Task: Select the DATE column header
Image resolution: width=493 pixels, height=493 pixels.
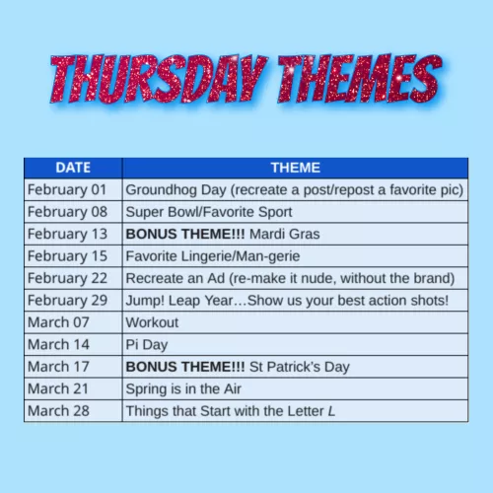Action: click(x=73, y=168)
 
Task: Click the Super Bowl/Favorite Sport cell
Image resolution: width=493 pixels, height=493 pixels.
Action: click(x=208, y=212)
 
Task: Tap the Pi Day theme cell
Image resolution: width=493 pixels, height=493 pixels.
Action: click(x=149, y=344)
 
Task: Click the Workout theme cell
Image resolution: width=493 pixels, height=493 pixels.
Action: click(x=152, y=321)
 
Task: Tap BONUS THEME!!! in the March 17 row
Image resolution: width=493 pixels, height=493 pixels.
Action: click(x=184, y=366)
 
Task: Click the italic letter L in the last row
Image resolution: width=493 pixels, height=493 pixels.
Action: click(x=331, y=410)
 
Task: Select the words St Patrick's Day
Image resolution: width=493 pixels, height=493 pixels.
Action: click(x=299, y=366)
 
